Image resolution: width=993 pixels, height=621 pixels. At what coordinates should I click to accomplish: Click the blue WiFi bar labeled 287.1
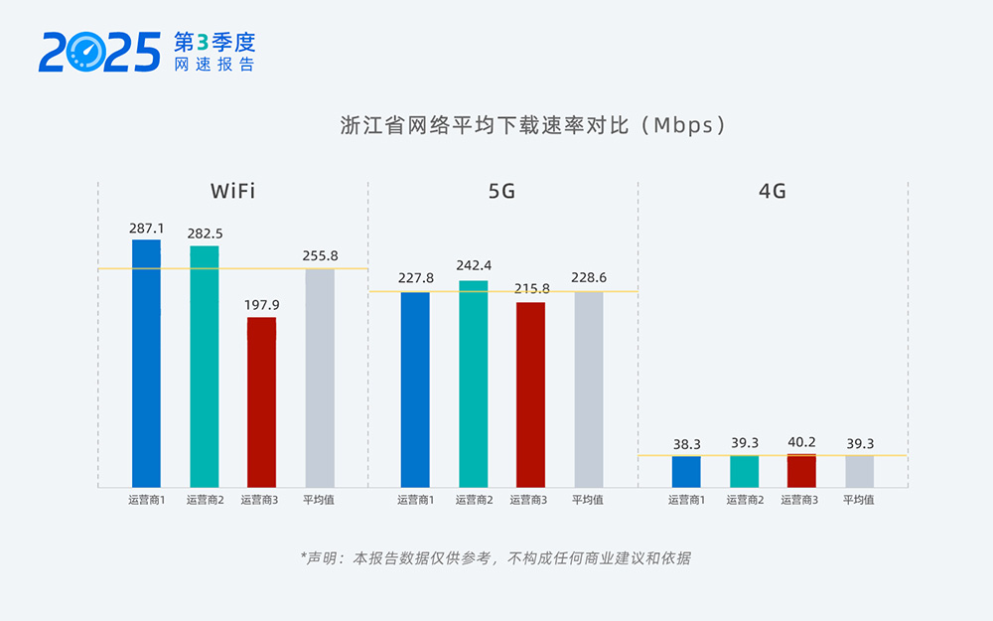[146, 363]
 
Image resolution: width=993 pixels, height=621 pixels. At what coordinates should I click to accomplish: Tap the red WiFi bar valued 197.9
[261, 401]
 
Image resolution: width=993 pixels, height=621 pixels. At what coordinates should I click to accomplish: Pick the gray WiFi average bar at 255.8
[319, 378]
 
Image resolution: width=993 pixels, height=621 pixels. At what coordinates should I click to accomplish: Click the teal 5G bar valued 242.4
[473, 384]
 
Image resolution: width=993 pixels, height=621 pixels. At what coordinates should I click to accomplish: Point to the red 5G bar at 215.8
[530, 394]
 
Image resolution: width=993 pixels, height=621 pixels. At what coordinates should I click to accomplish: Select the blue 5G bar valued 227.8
[415, 389]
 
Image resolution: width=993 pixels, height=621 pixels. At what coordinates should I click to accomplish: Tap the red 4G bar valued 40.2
[800, 471]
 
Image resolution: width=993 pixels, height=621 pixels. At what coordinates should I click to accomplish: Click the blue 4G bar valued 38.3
[686, 472]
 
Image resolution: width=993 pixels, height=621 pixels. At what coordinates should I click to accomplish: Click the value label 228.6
[590, 278]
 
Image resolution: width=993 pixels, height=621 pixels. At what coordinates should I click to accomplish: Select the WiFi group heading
[232, 191]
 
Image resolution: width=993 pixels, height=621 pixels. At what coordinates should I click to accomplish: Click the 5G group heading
[501, 191]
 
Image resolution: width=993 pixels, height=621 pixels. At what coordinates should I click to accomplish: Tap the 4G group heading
[772, 191]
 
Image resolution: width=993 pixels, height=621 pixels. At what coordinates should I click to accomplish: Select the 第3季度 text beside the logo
[213, 42]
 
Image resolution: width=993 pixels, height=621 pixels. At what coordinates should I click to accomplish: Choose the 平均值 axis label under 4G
[858, 500]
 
